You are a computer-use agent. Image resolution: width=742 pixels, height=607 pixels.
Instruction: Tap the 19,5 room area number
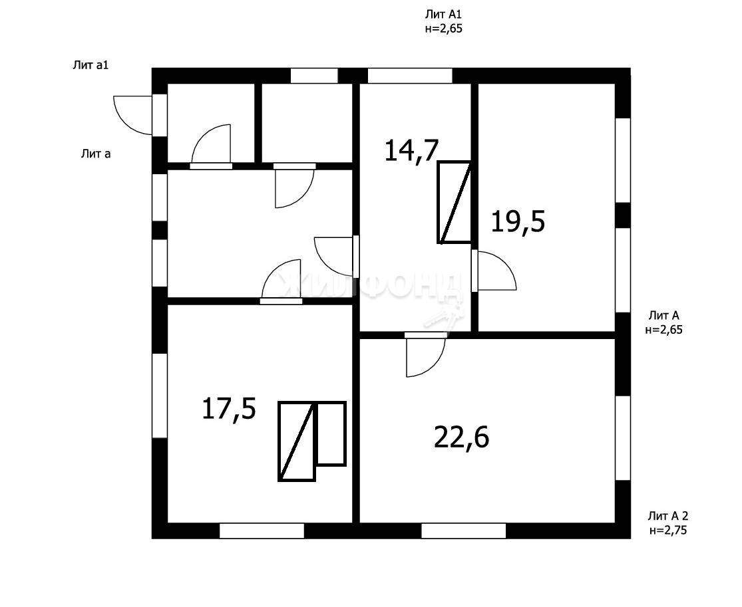pyautogui.click(x=518, y=221)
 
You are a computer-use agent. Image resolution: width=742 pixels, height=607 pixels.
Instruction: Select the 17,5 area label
pyautogui.click(x=229, y=408)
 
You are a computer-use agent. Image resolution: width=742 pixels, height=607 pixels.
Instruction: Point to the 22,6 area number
pyautogui.click(x=461, y=437)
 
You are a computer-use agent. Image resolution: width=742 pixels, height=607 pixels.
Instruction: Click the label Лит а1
pyautogui.click(x=91, y=65)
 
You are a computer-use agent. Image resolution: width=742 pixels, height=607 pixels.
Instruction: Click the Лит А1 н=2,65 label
pyautogui.click(x=443, y=22)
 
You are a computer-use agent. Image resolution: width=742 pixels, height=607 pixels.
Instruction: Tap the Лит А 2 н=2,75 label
pyautogui.click(x=667, y=523)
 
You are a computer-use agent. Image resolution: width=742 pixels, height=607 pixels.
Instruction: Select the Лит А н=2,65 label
pyautogui.click(x=664, y=322)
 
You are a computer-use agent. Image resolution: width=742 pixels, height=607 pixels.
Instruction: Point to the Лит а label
pyautogui.click(x=96, y=153)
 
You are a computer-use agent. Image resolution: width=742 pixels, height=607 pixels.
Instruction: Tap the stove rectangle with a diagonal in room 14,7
pyautogui.click(x=455, y=203)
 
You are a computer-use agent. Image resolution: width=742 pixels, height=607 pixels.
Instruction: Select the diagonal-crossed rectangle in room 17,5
pyautogui.click(x=297, y=441)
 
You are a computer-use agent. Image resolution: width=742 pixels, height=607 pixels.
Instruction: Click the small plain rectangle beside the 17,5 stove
pyautogui.click(x=331, y=433)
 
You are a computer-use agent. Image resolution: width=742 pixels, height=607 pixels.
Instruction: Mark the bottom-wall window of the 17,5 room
pyautogui.click(x=262, y=531)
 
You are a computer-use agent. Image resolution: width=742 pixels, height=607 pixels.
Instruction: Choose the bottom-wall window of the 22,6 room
pyautogui.click(x=464, y=531)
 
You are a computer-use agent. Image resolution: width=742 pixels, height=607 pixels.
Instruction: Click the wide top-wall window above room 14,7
pyautogui.click(x=411, y=76)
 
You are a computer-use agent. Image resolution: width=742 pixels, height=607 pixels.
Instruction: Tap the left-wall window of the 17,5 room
pyautogui.click(x=160, y=396)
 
